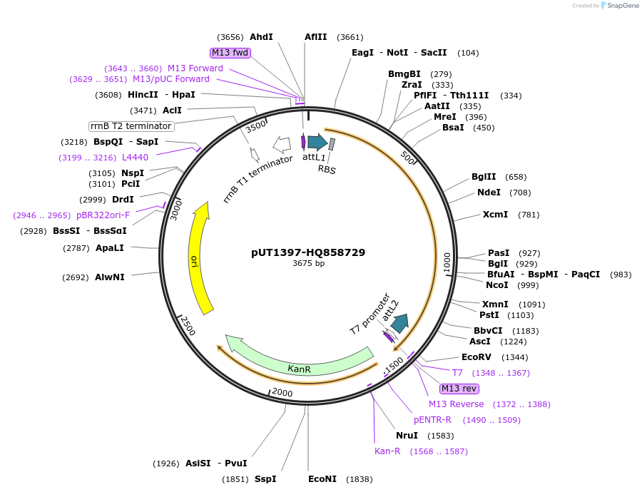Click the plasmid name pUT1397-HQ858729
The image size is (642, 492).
click(x=308, y=252)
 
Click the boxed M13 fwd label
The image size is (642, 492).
click(x=230, y=53)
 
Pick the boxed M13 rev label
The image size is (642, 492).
click(x=459, y=389)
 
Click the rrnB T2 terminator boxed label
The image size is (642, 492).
click(x=131, y=126)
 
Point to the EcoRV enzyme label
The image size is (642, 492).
click(x=477, y=357)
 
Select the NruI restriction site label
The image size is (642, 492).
click(x=407, y=436)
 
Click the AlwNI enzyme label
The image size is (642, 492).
click(x=109, y=277)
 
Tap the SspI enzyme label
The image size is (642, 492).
click(x=265, y=479)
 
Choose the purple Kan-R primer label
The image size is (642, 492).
click(x=387, y=451)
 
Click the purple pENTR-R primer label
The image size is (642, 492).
click(x=433, y=420)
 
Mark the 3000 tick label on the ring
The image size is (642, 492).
click(x=175, y=209)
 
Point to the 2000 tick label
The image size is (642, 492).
click(x=282, y=392)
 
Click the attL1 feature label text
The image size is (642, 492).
click(x=314, y=156)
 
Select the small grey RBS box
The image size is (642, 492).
click(x=332, y=145)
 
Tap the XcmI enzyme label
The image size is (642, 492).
click(x=495, y=215)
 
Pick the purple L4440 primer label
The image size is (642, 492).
click(x=135, y=158)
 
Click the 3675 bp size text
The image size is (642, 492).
click(x=308, y=264)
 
